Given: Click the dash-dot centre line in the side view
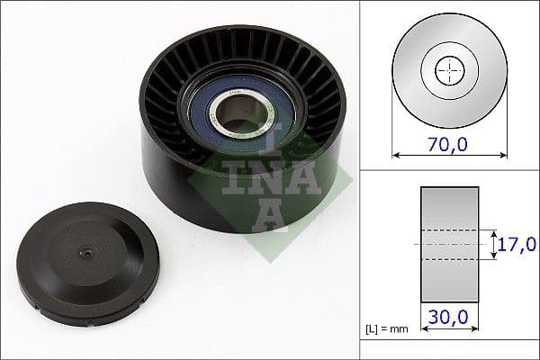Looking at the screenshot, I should tap(450, 244).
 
